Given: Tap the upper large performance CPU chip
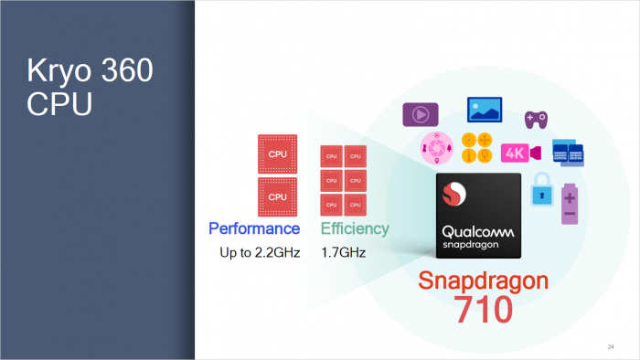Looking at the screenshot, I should pos(278,154).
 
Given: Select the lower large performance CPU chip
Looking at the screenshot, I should pos(278,196).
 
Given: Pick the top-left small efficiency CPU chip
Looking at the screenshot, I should pos(330,156).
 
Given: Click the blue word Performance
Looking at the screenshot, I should pos(254,228).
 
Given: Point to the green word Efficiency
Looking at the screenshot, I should pos(354,228).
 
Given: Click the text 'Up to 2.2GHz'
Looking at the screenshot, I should pos(259,251).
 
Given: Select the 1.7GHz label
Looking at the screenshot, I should pos(343,251).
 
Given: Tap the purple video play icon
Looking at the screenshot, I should pos(418,115).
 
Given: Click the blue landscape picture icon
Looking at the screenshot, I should pos(485,110).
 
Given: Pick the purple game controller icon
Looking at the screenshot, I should pos(535,119).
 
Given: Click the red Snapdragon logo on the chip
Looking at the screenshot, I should pos(453,196).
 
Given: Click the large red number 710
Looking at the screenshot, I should pos(478,310).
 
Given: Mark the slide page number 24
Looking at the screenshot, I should pos(610,346).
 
